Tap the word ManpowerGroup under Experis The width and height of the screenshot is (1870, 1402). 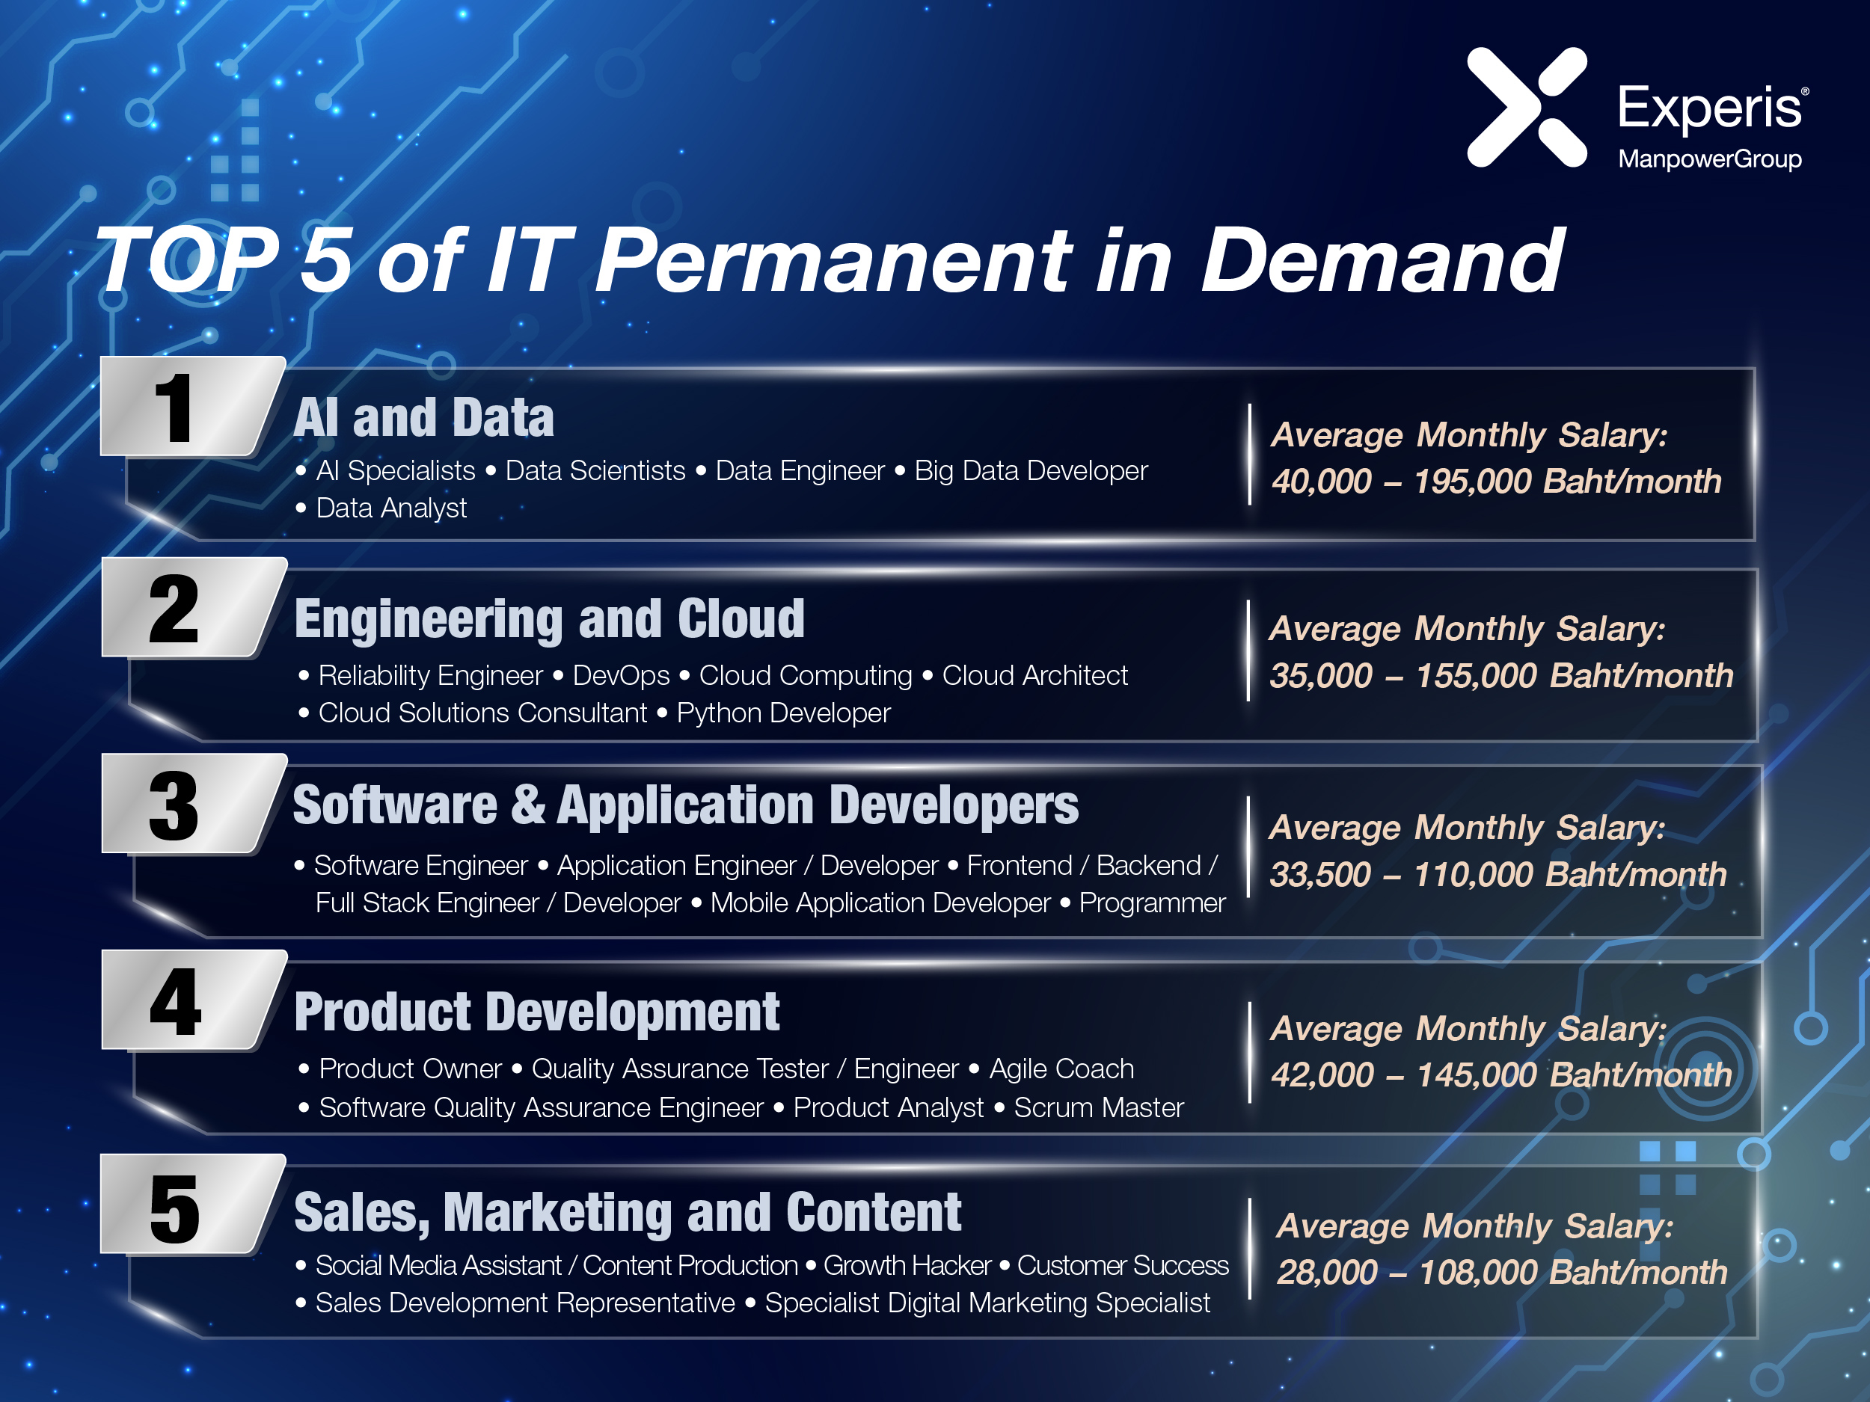tap(1709, 159)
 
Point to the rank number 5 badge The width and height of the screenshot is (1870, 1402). tap(193, 1205)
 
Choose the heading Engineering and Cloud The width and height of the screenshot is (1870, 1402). tap(550, 619)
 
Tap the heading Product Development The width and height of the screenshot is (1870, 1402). tap(537, 1012)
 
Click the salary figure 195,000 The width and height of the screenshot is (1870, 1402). tap(1473, 482)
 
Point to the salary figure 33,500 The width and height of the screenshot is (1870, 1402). tap(1320, 875)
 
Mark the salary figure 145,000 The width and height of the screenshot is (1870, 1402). tap(1477, 1075)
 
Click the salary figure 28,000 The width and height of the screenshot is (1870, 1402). tap(1327, 1272)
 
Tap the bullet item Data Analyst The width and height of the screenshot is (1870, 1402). tap(391, 508)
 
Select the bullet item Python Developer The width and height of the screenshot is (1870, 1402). tap(784, 713)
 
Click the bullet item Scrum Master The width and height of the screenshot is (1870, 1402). tap(1099, 1107)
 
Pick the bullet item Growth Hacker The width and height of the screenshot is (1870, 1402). tap(907, 1265)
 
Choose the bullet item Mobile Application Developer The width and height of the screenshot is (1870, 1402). tap(880, 903)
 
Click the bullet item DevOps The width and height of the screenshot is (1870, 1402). tap(622, 676)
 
